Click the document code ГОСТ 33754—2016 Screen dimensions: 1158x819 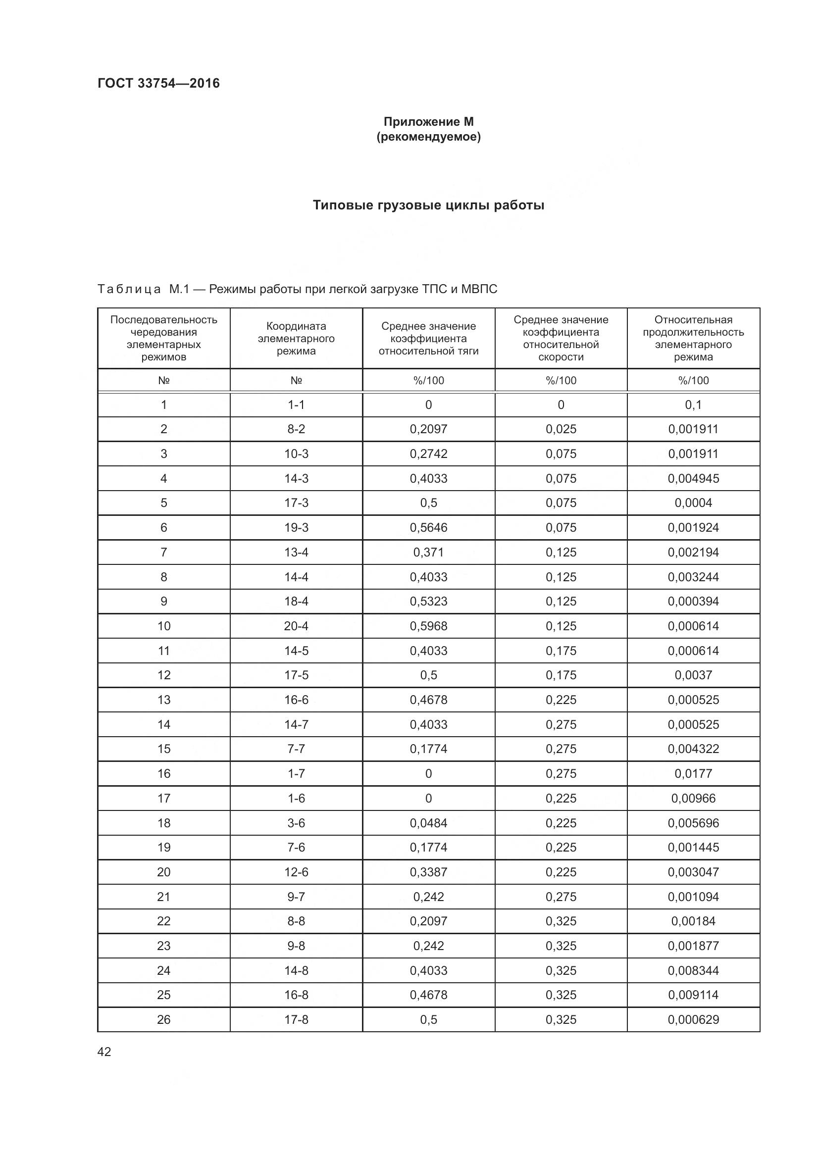coord(158,83)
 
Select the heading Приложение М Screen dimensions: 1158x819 coord(428,122)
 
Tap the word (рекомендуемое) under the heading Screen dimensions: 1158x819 coord(428,137)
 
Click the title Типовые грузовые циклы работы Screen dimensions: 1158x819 coord(428,205)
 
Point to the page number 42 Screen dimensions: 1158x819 coord(104,1052)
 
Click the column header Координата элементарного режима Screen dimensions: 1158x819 coord(296,339)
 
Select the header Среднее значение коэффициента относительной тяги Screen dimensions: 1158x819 coord(428,339)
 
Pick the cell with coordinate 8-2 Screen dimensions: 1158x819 coord(296,429)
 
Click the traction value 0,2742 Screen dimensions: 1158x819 coord(428,454)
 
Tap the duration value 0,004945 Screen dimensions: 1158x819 coord(693,479)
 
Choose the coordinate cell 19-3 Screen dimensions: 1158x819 coord(296,528)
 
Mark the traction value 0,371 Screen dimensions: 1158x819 coord(428,553)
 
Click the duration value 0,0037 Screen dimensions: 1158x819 coord(693,675)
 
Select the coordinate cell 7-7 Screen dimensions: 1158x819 coord(296,749)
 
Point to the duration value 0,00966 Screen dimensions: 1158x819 coord(693,799)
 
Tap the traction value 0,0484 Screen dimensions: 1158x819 coord(428,823)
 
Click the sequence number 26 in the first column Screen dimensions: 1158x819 coord(164,1019)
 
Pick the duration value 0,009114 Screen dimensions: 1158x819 coord(693,995)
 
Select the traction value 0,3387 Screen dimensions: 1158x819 coord(428,872)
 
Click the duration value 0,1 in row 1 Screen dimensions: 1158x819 coord(693,405)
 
